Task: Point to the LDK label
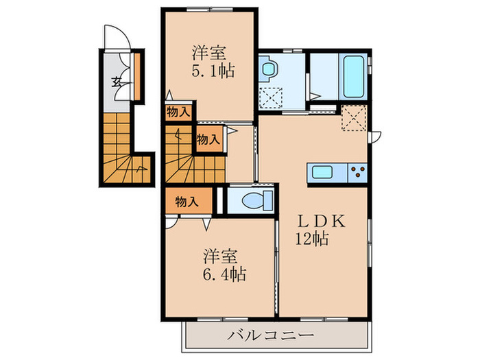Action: tap(324, 222)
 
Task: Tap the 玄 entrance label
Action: tap(117, 82)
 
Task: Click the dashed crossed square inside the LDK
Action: tap(354, 118)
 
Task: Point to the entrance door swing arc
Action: tap(110, 36)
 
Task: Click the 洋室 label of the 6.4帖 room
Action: tap(219, 256)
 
